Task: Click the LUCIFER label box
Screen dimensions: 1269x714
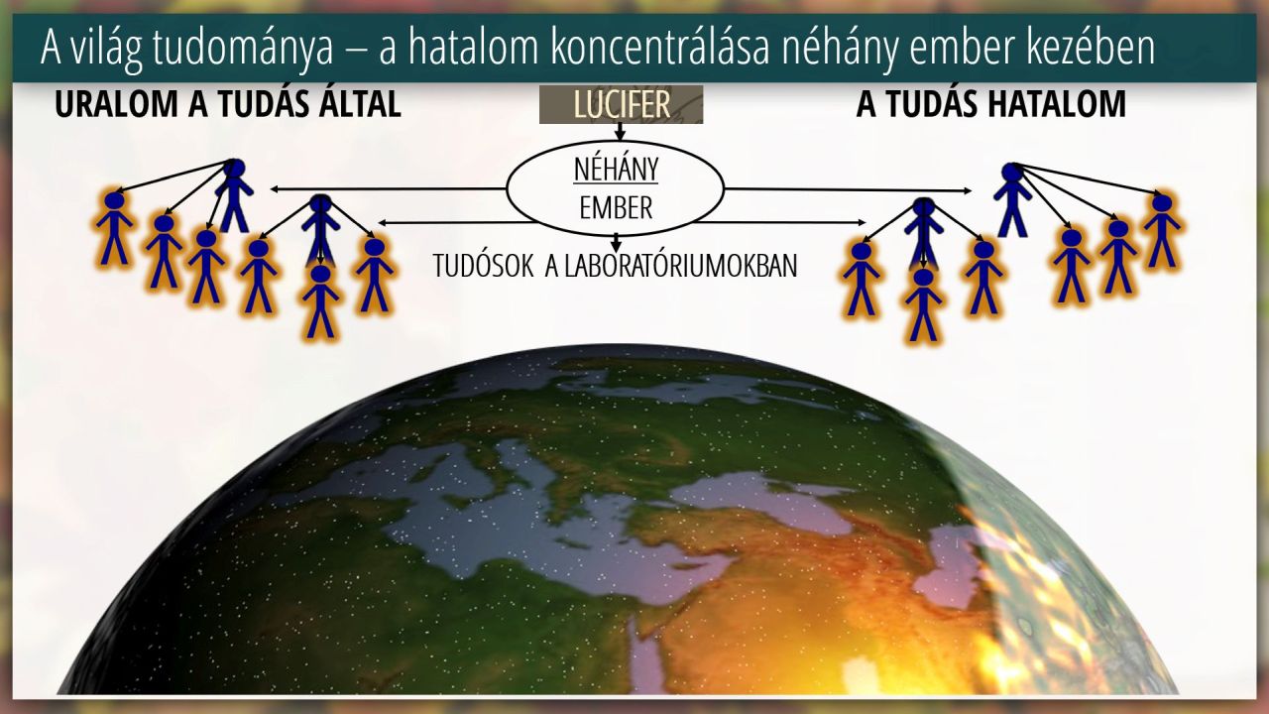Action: (x=621, y=104)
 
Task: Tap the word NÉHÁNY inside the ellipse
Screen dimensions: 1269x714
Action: (x=617, y=170)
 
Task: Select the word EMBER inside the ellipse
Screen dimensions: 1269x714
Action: (x=616, y=208)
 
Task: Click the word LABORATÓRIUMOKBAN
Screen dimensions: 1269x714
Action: (x=671, y=266)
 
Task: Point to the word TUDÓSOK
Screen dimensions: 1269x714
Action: (x=483, y=266)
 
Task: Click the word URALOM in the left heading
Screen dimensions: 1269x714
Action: (x=116, y=104)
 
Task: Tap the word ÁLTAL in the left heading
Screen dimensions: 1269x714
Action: (x=360, y=103)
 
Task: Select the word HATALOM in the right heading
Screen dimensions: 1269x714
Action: (x=1057, y=104)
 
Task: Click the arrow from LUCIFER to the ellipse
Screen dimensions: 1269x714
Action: (x=620, y=132)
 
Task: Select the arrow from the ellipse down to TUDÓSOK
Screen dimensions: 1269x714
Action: (x=617, y=243)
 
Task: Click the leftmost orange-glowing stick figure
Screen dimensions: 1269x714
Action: (x=114, y=229)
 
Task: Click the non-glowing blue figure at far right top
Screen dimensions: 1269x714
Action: (x=1012, y=199)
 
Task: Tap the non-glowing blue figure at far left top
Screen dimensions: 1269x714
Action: (x=234, y=195)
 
